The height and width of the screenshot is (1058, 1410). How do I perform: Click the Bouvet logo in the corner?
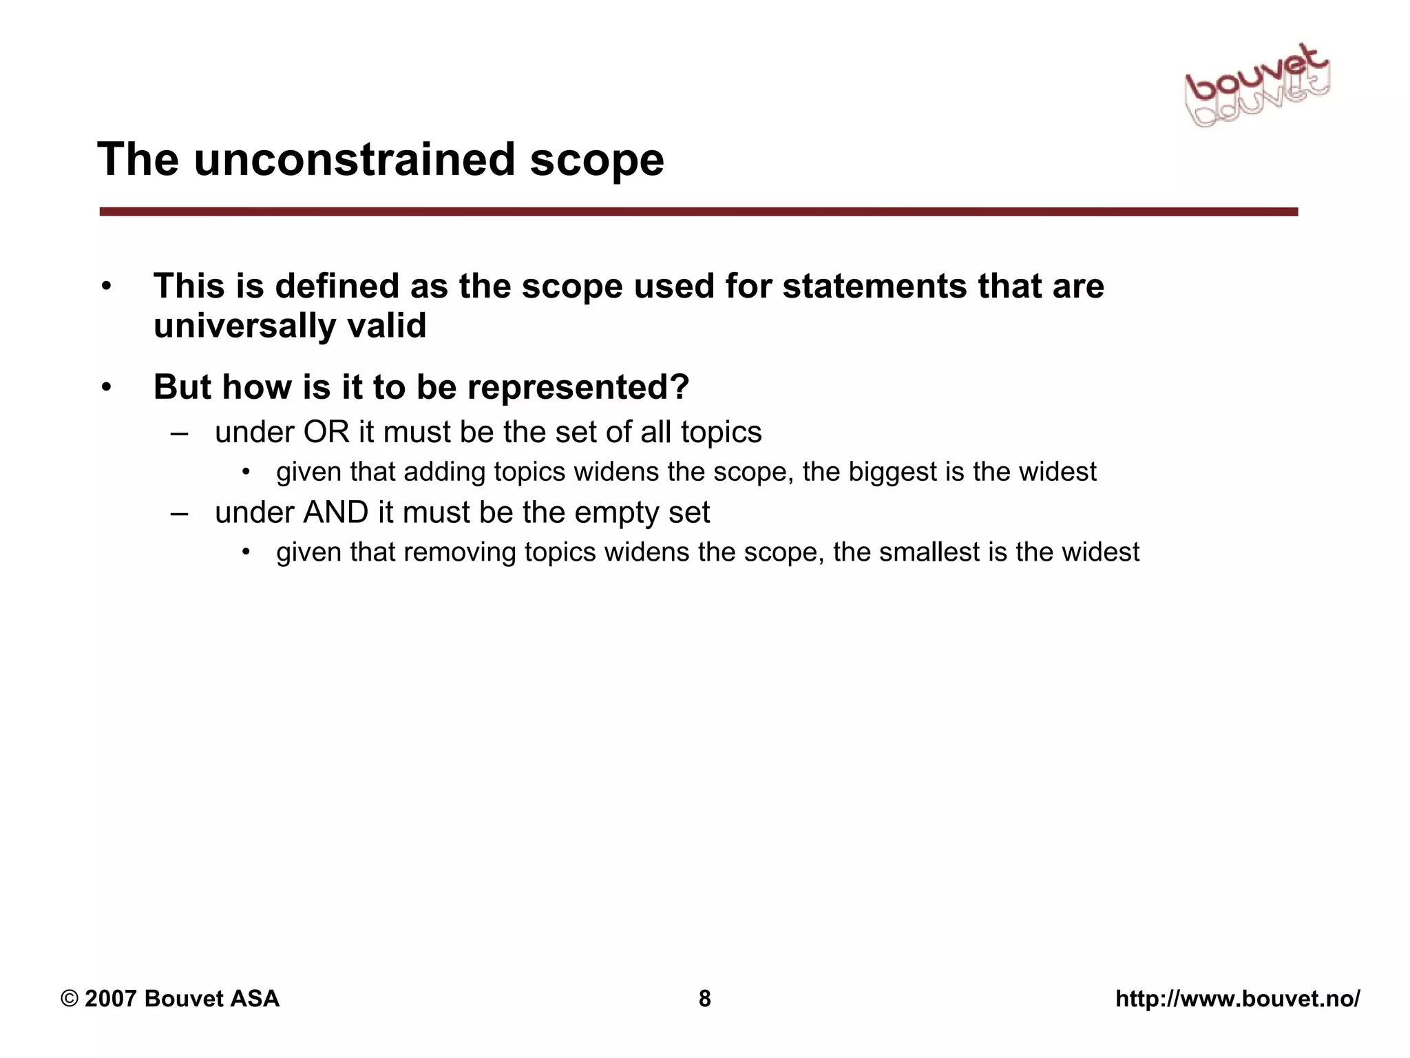coord(1257,88)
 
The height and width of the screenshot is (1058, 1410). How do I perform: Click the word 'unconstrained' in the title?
coord(355,160)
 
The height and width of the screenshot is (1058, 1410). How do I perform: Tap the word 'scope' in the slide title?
coord(596,160)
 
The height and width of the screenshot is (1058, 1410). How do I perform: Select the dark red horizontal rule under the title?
coord(698,211)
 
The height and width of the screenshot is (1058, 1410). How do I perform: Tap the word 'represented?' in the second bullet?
coord(578,387)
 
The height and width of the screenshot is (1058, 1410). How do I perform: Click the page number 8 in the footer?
coord(704,999)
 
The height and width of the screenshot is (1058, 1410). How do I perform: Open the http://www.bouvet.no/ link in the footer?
coord(1237,999)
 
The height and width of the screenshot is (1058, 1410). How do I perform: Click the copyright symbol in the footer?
coord(69,999)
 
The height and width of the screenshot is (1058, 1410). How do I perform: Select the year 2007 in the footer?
coord(110,999)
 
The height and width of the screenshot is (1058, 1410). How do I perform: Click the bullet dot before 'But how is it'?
coord(106,388)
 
